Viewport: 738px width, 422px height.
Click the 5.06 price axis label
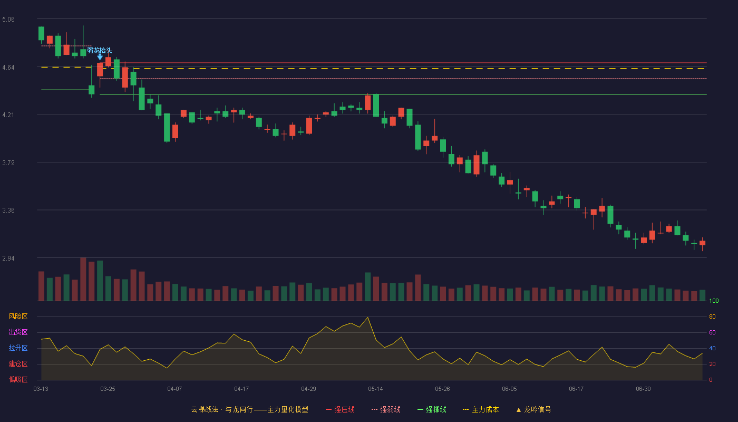point(8,20)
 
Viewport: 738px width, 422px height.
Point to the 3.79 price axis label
point(8,163)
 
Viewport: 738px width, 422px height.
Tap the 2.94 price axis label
point(8,258)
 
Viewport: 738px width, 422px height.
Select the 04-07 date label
point(174,389)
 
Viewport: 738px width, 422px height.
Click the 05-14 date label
point(375,389)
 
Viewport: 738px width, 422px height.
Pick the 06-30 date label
point(644,389)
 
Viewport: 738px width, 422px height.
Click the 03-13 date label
point(41,389)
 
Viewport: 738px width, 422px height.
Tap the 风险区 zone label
point(18,316)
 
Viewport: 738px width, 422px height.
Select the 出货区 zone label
point(18,332)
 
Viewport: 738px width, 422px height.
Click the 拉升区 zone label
point(18,348)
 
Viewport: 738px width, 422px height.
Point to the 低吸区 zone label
point(18,379)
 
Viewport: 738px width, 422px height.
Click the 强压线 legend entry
point(340,410)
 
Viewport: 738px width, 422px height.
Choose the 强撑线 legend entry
point(432,410)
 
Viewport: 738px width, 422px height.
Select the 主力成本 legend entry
point(481,410)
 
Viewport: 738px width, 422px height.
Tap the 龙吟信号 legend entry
point(533,410)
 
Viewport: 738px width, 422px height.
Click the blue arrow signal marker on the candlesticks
point(100,57)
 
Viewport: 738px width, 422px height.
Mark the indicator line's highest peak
point(368,318)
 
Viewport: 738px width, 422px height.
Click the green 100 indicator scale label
point(714,301)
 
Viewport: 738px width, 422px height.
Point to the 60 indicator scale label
point(712,332)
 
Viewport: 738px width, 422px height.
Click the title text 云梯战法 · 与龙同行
point(222,410)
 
